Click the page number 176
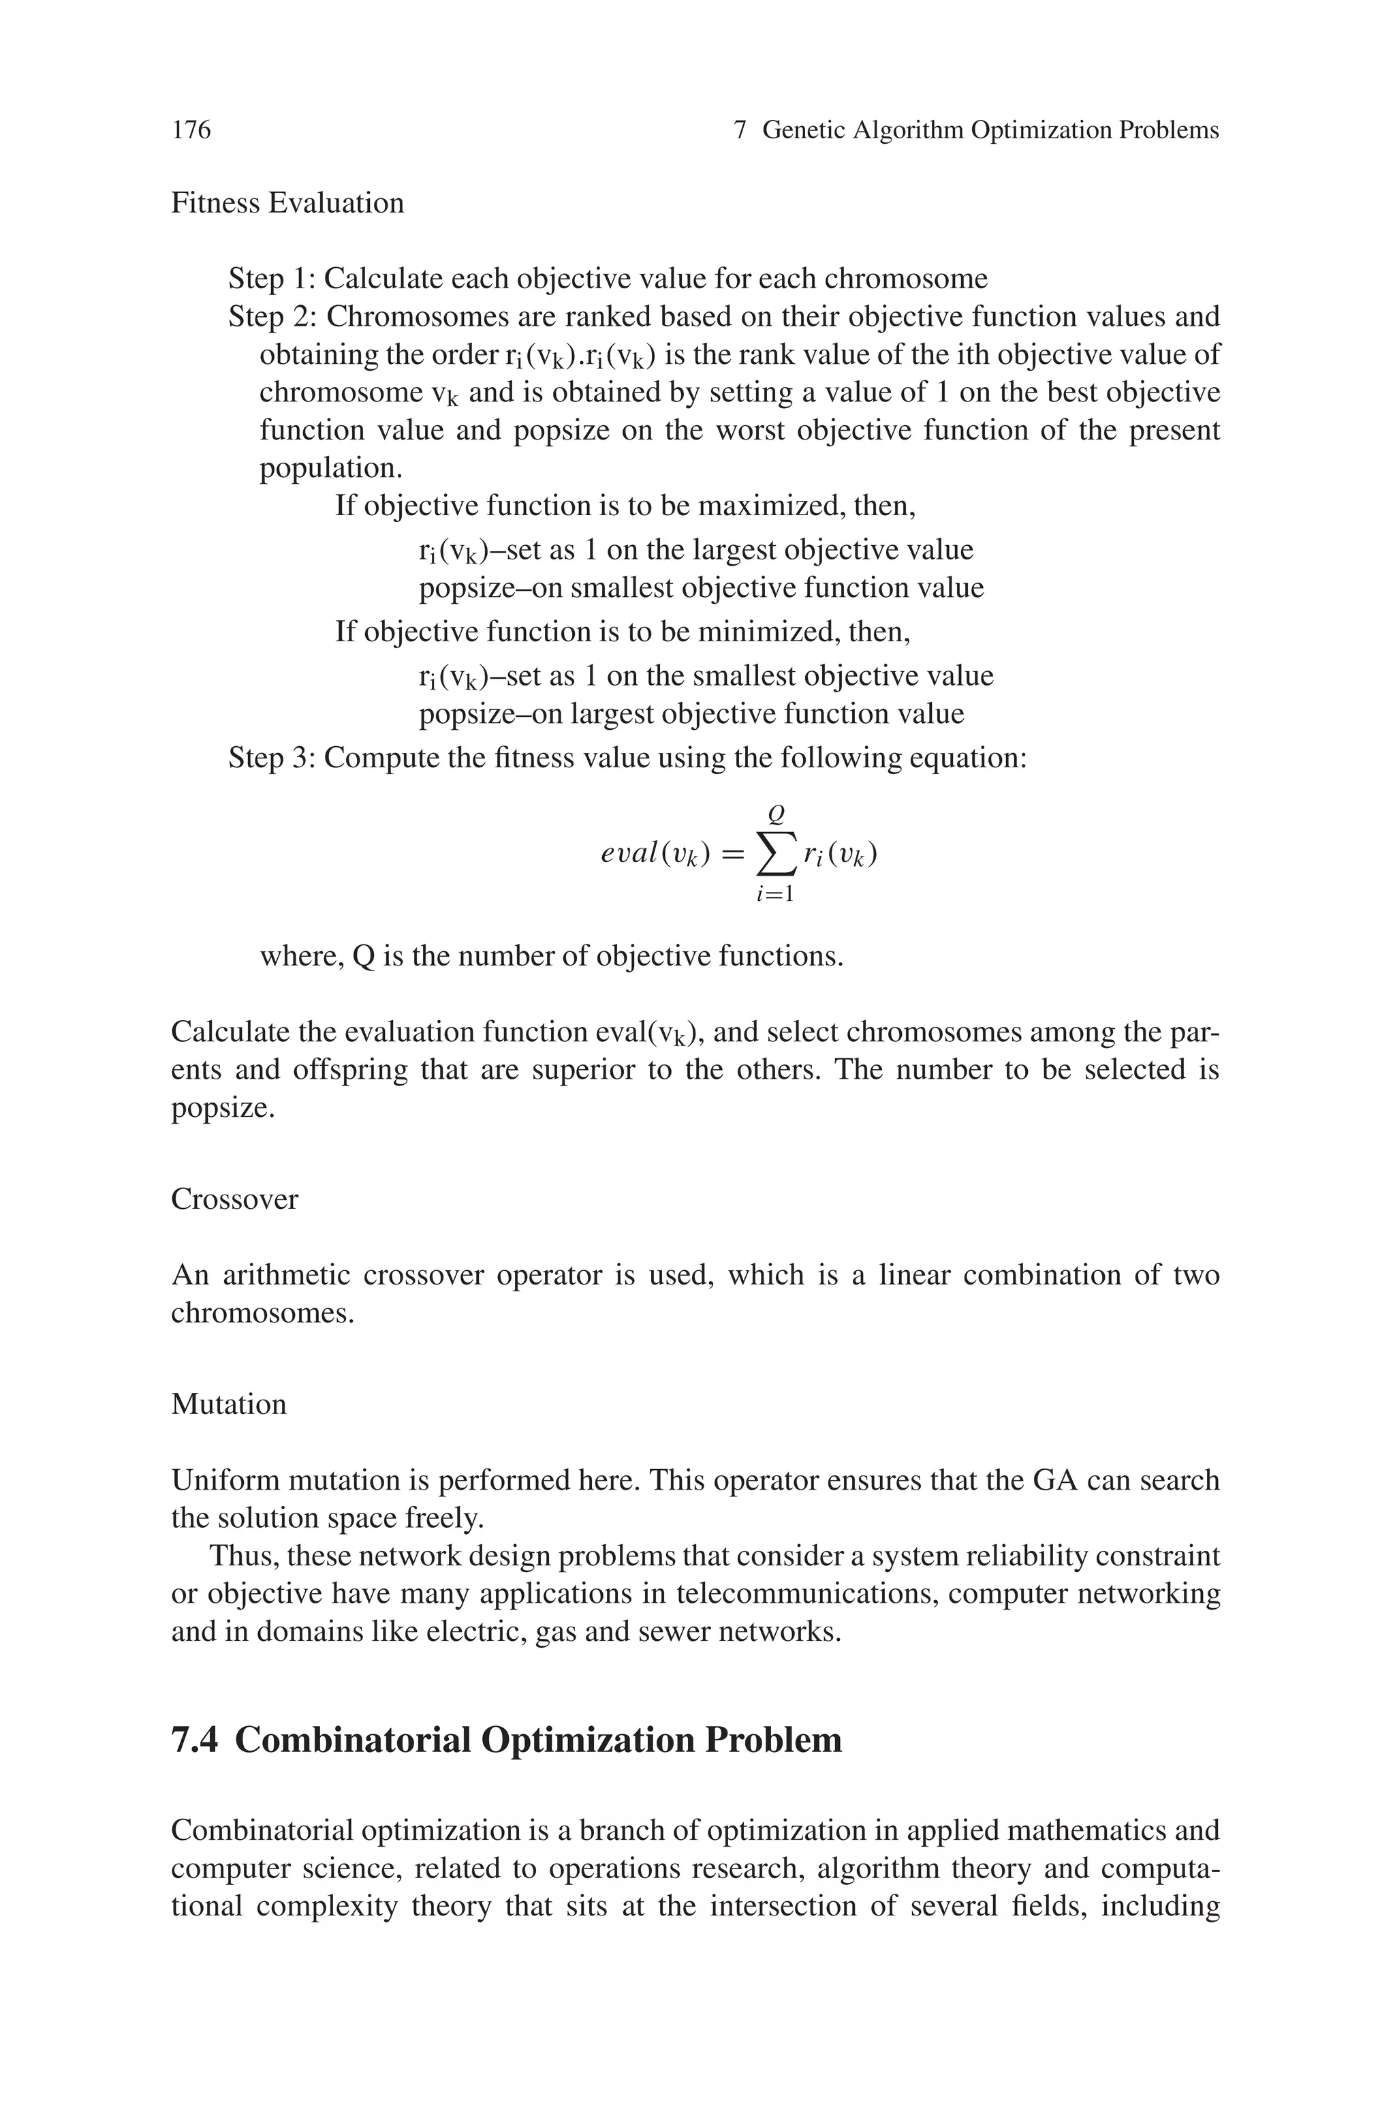pyautogui.click(x=191, y=130)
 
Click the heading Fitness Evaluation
pyautogui.click(x=287, y=203)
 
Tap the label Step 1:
pyautogui.click(x=271, y=279)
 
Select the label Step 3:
pyautogui.click(x=271, y=758)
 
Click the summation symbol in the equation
pyautogui.click(x=775, y=855)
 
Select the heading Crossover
pyautogui.click(x=234, y=1199)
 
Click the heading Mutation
pyautogui.click(x=229, y=1404)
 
